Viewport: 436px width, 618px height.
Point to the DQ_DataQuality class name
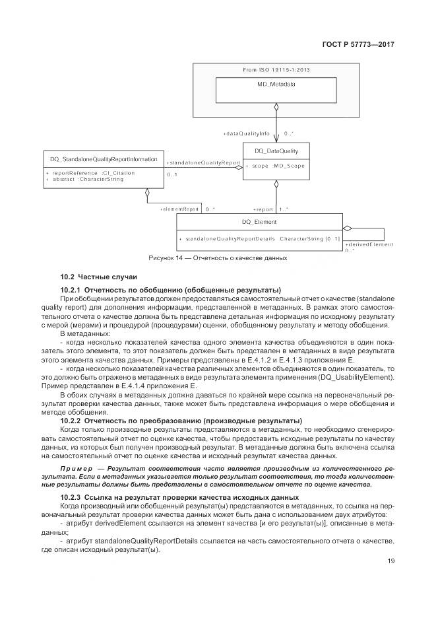[x=276, y=151]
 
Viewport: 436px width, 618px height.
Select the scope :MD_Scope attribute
[x=277, y=166]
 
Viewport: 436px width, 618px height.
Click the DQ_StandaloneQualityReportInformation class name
[x=104, y=159]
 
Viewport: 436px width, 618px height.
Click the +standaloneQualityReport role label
[x=202, y=162]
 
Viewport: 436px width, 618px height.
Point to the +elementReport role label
[x=179, y=209]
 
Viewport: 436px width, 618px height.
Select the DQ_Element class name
[x=259, y=223]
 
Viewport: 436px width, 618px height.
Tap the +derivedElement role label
[x=369, y=244]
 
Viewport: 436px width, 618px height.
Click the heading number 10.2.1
[x=70, y=290]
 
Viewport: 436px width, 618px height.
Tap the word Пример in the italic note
[x=76, y=468]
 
